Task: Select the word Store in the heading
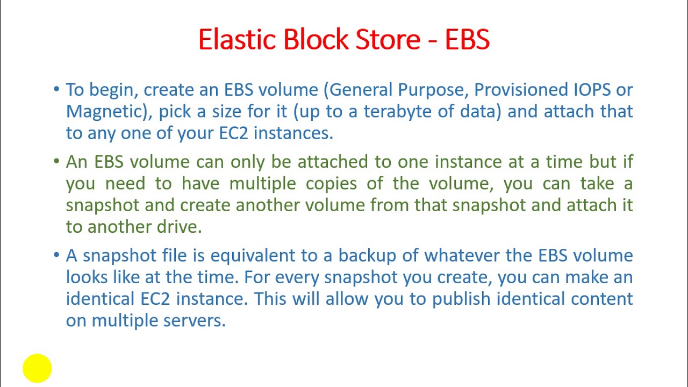tap(388, 40)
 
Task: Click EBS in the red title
tap(467, 40)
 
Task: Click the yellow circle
tap(37, 368)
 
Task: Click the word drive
tap(179, 227)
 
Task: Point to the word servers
tap(194, 320)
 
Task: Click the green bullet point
tap(56, 161)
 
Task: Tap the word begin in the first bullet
tap(113, 90)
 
